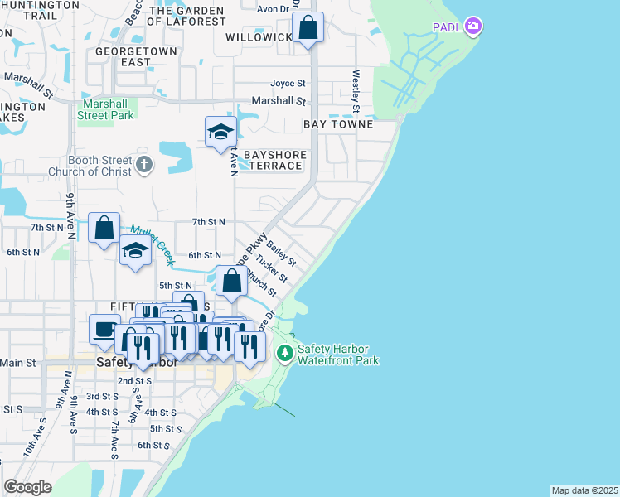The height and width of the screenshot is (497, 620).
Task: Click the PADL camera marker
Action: point(473,27)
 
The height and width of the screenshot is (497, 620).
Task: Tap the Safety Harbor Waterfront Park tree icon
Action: point(285,355)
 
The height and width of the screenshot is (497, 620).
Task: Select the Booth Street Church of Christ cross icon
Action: point(144,164)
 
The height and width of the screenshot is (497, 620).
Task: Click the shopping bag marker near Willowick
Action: point(308,27)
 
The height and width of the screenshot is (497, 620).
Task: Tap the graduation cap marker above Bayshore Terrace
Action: point(220,132)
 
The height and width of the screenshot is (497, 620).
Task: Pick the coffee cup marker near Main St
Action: point(104,329)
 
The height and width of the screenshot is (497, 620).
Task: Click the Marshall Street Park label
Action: point(106,110)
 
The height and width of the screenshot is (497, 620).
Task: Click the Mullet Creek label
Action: point(150,242)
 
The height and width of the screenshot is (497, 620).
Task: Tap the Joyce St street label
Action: point(288,84)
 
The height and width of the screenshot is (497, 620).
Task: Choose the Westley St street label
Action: point(356,91)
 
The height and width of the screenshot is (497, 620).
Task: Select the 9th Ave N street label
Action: point(71,217)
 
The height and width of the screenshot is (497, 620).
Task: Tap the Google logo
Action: point(27,486)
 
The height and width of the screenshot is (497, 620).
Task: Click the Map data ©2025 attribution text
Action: point(584,490)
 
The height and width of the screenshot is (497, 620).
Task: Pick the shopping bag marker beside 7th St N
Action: point(104,229)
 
